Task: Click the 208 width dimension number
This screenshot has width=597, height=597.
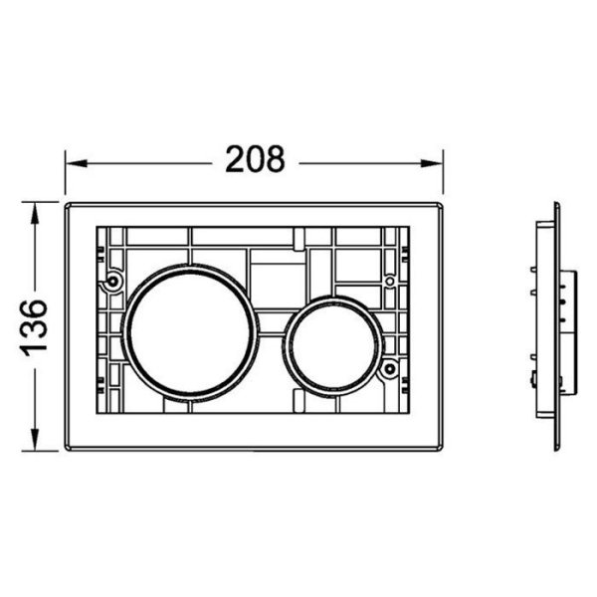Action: [255, 159]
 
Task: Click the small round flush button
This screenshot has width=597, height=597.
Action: [332, 344]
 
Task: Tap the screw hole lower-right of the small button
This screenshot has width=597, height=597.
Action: [390, 370]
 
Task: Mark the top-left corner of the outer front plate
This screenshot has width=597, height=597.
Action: [68, 205]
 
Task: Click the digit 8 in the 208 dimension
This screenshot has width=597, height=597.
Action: [274, 159]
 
